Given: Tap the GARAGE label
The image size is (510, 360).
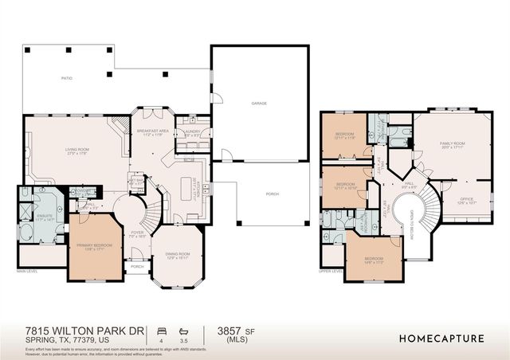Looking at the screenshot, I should click(259, 104).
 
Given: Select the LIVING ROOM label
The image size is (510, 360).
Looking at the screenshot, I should click(76, 150).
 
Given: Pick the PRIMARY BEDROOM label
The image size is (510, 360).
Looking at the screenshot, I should click(94, 246).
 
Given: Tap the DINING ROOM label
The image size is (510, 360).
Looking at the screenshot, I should click(178, 255).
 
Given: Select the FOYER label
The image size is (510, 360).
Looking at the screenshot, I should click(136, 233).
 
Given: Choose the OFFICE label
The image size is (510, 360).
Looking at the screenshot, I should click(467, 199).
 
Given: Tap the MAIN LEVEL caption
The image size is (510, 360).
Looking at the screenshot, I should click(27, 271).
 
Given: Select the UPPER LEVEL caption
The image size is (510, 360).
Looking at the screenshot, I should click(331, 271).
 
